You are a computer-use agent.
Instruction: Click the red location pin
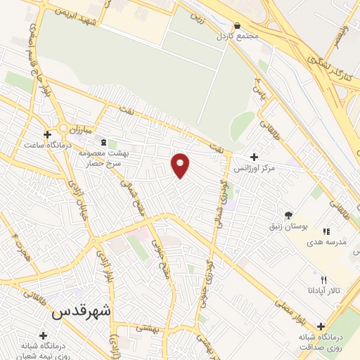(x=181, y=165)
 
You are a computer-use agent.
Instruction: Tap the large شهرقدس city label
(x=83, y=310)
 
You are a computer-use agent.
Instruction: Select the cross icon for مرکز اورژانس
(x=254, y=157)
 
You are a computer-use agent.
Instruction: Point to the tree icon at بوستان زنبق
(x=288, y=214)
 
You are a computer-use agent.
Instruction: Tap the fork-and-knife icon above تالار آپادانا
(x=323, y=280)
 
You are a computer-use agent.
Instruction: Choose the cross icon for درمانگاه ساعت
(x=47, y=134)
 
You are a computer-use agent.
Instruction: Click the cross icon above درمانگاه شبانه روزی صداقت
(x=321, y=326)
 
